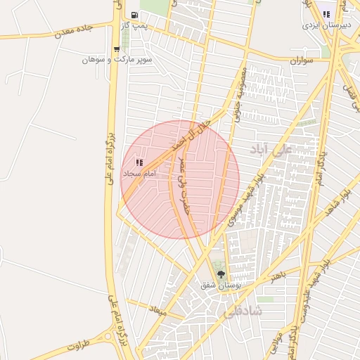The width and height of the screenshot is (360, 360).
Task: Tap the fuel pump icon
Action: pyautogui.click(x=134, y=15)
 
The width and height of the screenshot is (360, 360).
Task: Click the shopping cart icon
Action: pyautogui.click(x=116, y=49)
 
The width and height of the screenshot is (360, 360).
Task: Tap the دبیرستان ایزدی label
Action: pyautogui.click(x=321, y=25)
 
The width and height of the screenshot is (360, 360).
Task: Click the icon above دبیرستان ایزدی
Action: pyautogui.click(x=326, y=14)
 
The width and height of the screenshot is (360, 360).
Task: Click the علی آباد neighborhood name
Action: pyautogui.click(x=270, y=150)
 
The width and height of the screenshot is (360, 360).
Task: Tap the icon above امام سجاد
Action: pyautogui.click(x=138, y=162)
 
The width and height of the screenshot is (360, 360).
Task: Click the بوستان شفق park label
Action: pyautogui.click(x=221, y=285)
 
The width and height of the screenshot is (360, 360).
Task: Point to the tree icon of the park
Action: pyautogui.click(x=221, y=274)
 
